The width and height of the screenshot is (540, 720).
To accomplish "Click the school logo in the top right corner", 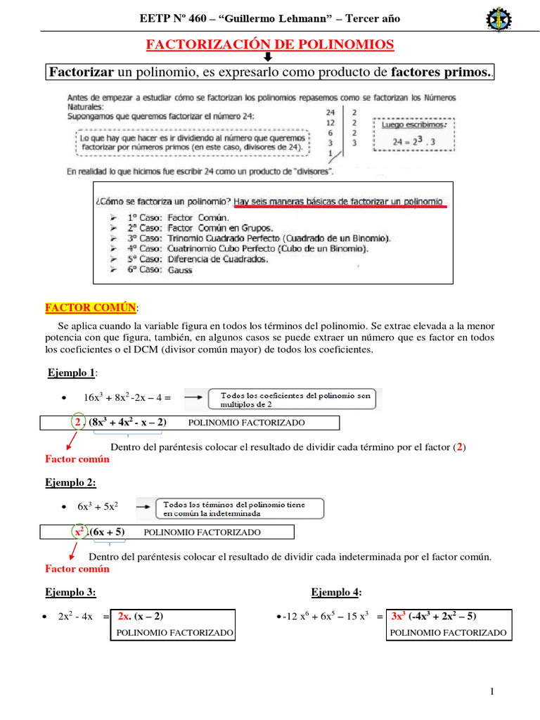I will (499, 19).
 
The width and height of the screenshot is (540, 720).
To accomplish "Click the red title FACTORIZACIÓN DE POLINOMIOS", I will (270, 45).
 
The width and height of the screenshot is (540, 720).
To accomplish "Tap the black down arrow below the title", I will (268, 58).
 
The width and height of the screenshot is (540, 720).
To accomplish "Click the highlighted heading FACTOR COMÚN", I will (91, 308).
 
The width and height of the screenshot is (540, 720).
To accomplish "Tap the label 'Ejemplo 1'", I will (70, 372).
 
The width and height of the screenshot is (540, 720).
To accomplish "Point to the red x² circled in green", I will (79, 532).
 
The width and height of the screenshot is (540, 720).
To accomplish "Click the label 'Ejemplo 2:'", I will (70, 482).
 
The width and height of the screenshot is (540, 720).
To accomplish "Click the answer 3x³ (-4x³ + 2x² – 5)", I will (434, 617).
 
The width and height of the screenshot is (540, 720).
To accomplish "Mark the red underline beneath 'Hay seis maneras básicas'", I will (339, 207).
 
